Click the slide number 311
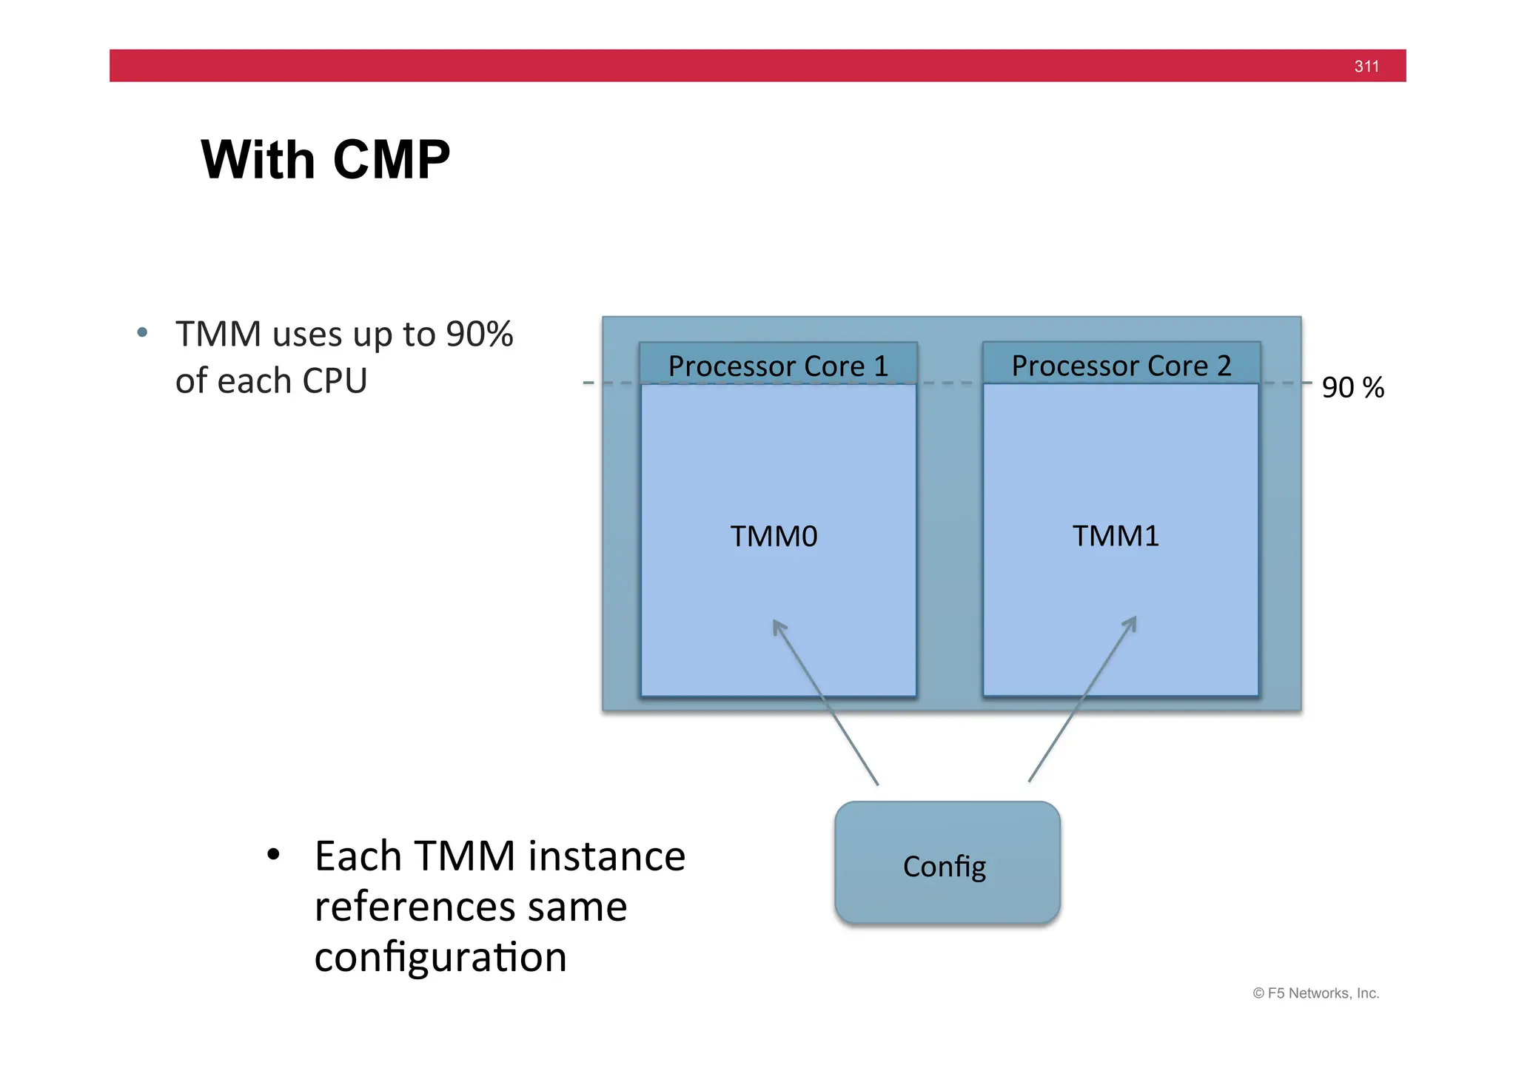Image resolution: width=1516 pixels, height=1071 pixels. click(x=1366, y=67)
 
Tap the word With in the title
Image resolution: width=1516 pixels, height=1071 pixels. click(x=258, y=160)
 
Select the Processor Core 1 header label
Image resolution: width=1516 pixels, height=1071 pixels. click(x=777, y=366)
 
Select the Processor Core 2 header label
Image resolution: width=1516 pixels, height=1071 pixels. click(x=1121, y=366)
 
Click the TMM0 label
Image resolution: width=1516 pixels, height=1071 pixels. click(x=774, y=536)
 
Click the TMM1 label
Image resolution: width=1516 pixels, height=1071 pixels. click(x=1116, y=535)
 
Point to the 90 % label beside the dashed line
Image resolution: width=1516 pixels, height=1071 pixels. click(x=1352, y=388)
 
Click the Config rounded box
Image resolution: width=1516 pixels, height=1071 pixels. click(x=947, y=863)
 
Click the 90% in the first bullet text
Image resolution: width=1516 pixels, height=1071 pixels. click(x=479, y=334)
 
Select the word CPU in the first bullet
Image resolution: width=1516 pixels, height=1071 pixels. click(x=334, y=381)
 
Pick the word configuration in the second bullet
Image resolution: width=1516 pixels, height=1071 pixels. click(x=440, y=957)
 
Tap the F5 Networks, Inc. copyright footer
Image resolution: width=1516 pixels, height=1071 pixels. click(x=1315, y=993)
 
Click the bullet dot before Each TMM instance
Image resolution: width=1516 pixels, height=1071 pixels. click(x=273, y=856)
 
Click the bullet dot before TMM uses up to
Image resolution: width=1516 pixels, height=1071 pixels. click(x=142, y=333)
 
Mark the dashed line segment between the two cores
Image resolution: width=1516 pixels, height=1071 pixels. click(x=950, y=383)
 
